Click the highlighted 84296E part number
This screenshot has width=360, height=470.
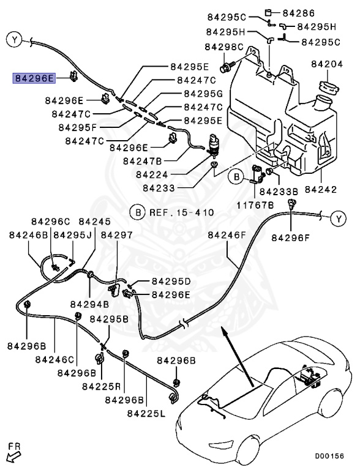click(x=35, y=78)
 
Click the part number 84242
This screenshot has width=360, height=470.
click(x=329, y=190)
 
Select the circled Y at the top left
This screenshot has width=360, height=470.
click(x=13, y=40)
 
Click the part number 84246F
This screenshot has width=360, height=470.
click(x=227, y=235)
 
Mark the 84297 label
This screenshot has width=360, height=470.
click(x=117, y=235)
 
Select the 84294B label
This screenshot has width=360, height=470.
click(x=89, y=304)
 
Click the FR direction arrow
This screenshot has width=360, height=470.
click(x=12, y=453)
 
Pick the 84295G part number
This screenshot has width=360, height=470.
click(x=203, y=94)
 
